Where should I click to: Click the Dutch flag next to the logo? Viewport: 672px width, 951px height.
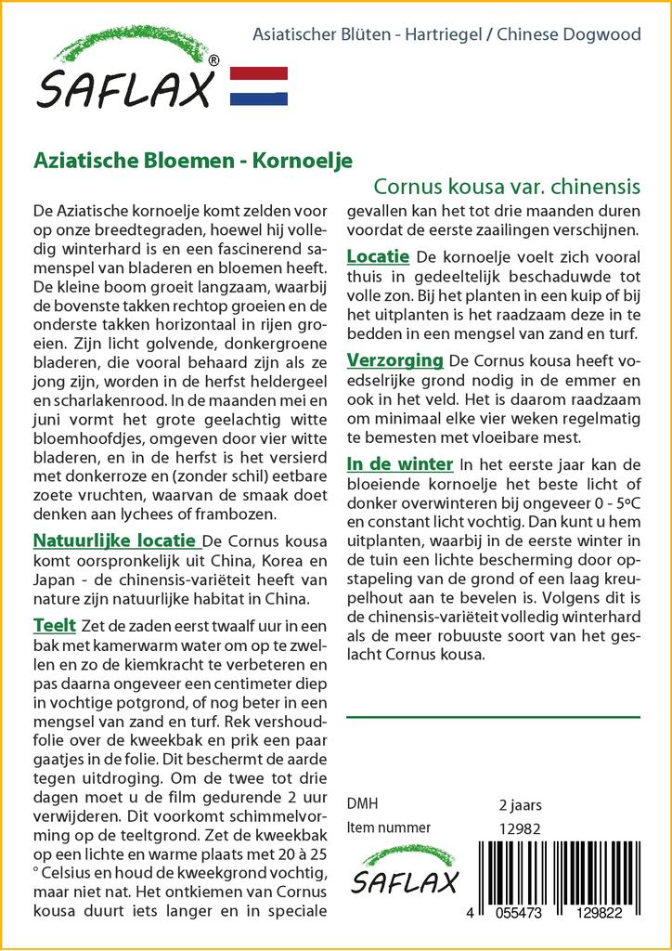(258, 85)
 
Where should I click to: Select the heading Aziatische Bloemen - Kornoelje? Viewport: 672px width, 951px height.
(192, 159)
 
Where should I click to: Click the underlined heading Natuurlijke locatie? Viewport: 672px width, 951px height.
(114, 541)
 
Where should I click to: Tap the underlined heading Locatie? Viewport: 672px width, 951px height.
(378, 255)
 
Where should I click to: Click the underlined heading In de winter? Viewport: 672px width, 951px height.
(399, 463)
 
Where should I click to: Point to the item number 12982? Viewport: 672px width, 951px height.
(520, 828)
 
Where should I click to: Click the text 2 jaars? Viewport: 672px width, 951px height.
(520, 804)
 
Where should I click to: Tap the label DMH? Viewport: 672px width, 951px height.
(362, 804)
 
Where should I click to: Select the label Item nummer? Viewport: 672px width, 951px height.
(388, 827)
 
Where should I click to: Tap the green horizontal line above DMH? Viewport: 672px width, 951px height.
(493, 717)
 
